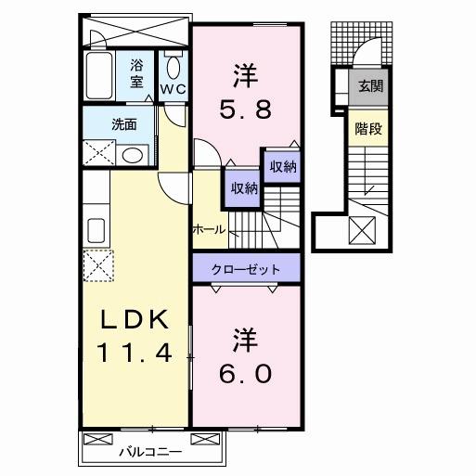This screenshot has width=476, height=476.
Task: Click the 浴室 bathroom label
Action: (136, 73)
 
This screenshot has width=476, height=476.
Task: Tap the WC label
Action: (173, 89)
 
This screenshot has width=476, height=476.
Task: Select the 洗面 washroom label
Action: (124, 123)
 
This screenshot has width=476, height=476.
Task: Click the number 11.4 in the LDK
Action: (135, 353)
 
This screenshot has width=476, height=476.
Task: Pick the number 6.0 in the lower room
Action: (246, 372)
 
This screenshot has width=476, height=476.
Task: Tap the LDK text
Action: (135, 320)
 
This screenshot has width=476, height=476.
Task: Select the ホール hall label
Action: (209, 228)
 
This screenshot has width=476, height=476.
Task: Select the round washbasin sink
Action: (133, 154)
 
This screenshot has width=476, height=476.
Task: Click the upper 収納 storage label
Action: (283, 166)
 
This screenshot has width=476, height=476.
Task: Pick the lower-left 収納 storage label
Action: (244, 188)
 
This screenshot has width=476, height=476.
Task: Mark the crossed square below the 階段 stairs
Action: (362, 226)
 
